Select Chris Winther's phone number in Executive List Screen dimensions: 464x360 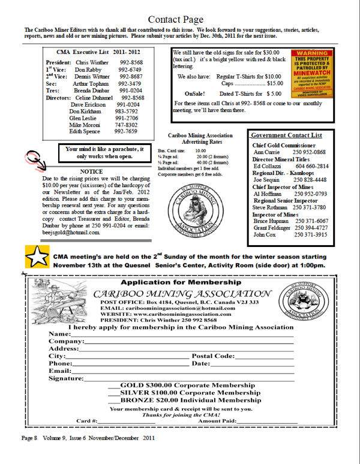[x=131, y=62]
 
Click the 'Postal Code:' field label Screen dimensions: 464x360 [x=213, y=356]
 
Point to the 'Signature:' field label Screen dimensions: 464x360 [x=66, y=378]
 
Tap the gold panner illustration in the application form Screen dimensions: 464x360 [x=59, y=300]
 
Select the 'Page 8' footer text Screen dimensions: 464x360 [x=29, y=438]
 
